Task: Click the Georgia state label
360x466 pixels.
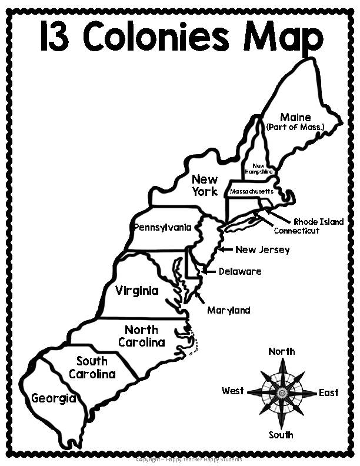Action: click(x=54, y=398)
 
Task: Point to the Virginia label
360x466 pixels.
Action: click(x=136, y=291)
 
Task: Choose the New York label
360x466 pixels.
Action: click(x=205, y=185)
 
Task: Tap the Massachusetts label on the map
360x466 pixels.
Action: click(x=251, y=192)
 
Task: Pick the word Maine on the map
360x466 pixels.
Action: click(x=295, y=117)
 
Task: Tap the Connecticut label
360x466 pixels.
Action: click(x=296, y=231)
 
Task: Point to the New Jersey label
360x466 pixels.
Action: click(x=262, y=249)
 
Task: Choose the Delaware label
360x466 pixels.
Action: click(x=239, y=271)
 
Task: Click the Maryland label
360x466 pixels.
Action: click(x=228, y=310)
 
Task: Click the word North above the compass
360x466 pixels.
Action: click(x=281, y=352)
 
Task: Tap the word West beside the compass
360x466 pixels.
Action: click(x=233, y=391)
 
